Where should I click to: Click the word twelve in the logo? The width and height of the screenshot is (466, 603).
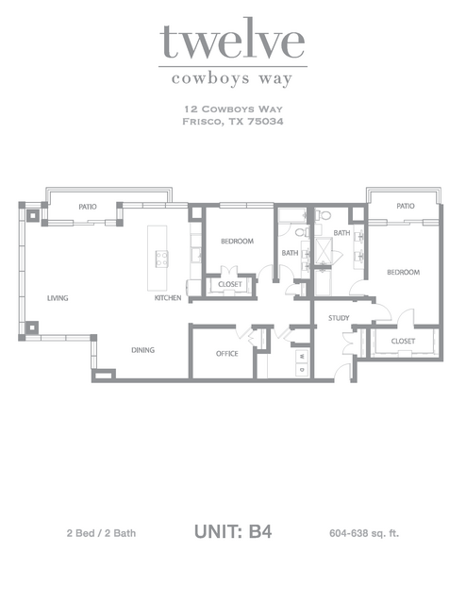[232, 41]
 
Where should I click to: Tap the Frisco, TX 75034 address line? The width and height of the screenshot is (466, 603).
[233, 122]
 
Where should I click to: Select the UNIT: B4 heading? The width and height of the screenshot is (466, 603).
[233, 532]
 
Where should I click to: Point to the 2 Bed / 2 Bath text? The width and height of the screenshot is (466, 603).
[101, 533]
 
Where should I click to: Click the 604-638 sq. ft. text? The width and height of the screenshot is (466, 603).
[364, 533]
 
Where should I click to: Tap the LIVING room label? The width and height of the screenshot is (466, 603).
[58, 298]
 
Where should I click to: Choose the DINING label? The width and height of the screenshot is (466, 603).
[143, 350]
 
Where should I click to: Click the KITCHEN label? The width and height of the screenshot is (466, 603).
[168, 297]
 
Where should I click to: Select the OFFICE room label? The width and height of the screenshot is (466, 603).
[226, 354]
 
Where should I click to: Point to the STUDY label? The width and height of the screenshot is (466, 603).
[339, 318]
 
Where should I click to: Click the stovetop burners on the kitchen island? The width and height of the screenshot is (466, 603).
[161, 259]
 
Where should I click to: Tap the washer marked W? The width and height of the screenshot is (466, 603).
[302, 356]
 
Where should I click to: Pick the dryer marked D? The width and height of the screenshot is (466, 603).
[302, 370]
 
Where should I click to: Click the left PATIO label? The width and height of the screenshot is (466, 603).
[88, 207]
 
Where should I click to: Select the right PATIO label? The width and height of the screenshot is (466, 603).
[406, 206]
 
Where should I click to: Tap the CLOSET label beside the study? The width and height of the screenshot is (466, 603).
[403, 341]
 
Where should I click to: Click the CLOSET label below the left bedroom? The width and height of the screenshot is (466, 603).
[230, 284]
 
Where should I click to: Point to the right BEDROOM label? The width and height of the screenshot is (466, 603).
[404, 273]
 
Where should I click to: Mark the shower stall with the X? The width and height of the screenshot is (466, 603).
[324, 250]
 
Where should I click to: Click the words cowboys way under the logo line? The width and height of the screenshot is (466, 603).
[232, 79]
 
